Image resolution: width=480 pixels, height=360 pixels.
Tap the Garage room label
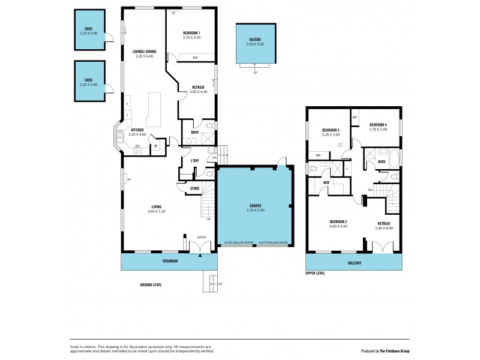[x=256, y=205]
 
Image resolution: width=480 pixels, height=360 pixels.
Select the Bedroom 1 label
[x=191, y=32]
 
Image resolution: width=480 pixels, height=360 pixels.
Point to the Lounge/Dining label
[x=144, y=52]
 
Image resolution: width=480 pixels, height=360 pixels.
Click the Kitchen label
[x=137, y=130]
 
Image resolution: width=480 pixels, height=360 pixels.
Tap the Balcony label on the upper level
[x=353, y=262]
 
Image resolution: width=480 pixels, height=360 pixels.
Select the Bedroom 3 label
[x=331, y=130]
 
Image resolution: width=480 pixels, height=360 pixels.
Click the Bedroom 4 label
[x=379, y=125]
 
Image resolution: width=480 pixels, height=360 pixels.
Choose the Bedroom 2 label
[x=338, y=222]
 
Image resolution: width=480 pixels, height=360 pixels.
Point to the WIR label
[x=326, y=182]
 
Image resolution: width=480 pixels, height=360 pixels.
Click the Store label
[x=195, y=188]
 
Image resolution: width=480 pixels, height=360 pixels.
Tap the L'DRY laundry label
[x=194, y=161]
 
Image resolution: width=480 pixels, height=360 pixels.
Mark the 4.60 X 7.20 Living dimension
[x=156, y=211]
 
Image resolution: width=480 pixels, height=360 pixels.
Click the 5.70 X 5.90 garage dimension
[x=256, y=210]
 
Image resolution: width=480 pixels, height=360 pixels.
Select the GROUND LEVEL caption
[x=151, y=284]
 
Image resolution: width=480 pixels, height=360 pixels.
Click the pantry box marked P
[x=156, y=145]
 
